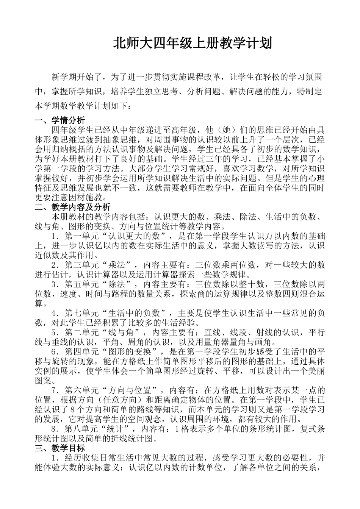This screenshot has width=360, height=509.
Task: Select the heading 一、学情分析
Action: (x=59, y=121)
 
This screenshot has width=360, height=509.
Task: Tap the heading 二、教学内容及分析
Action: (x=72, y=207)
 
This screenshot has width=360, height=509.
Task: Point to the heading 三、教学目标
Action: (x=59, y=448)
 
